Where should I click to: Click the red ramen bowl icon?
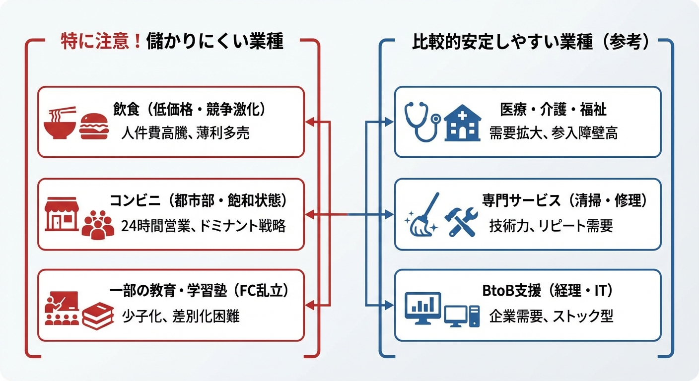tap(60, 124)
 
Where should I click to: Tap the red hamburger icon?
tap(94, 127)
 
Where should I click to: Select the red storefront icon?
tap(62, 214)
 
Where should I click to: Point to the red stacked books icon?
tap(98, 316)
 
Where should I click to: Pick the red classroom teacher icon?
tap(61, 308)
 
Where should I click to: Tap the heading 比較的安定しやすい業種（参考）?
tap(531, 43)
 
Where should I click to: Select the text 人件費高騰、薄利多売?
tap(185, 133)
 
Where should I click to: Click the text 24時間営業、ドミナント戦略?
tap(203, 226)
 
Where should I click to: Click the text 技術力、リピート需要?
tap(551, 226)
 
